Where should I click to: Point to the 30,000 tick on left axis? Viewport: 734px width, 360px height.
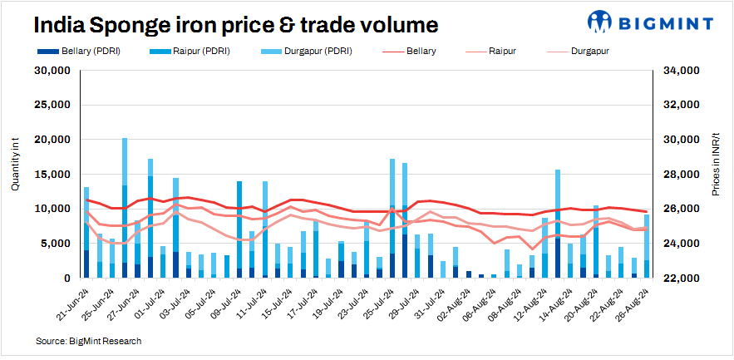(x=51, y=71)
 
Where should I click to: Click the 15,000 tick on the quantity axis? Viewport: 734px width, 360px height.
(x=51, y=174)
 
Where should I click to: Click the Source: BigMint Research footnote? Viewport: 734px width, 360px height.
(x=88, y=341)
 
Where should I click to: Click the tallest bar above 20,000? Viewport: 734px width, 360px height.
(x=125, y=208)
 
